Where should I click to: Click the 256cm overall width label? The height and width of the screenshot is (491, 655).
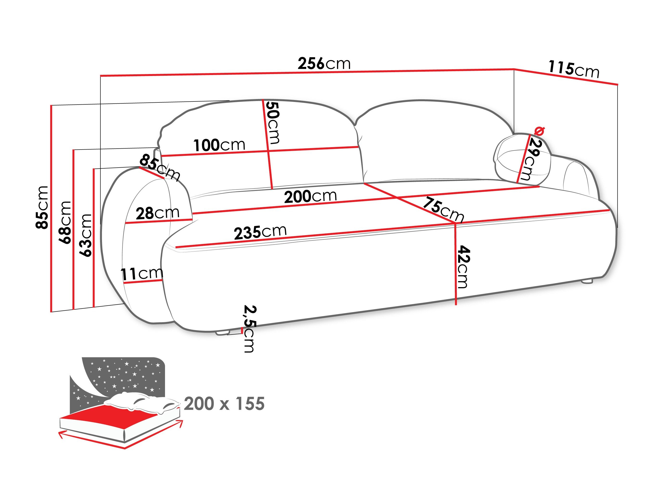324,64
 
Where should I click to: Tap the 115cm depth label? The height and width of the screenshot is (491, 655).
573,69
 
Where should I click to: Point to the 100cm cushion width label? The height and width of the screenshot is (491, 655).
219,145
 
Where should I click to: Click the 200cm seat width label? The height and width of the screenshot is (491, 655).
310,196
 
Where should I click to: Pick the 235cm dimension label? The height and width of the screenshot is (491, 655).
260,232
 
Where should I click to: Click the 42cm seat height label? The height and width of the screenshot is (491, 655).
463,267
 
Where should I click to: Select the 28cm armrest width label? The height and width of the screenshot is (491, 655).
158,213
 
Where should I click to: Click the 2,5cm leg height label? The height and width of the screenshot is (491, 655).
249,328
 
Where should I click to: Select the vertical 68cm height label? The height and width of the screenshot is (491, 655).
65,222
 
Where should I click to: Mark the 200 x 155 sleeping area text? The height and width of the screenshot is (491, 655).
224,404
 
